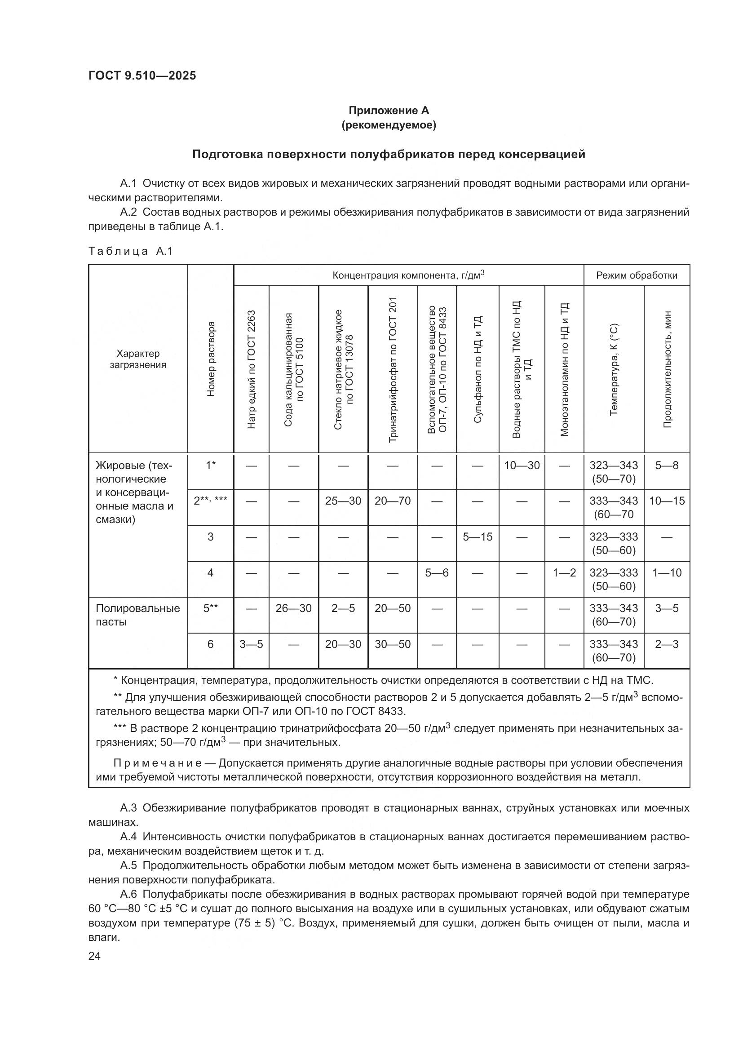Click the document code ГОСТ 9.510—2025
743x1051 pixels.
(x=142, y=75)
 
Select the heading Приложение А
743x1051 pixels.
(x=389, y=111)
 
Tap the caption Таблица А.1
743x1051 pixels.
(x=130, y=251)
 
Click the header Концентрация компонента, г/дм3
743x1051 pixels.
(x=408, y=275)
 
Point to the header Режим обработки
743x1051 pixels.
(x=637, y=275)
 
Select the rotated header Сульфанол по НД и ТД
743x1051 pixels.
(x=477, y=369)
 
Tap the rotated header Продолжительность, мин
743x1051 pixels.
(x=667, y=369)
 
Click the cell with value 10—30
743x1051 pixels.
(x=522, y=466)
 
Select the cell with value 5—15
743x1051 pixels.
(x=477, y=537)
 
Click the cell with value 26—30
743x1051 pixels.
(x=293, y=608)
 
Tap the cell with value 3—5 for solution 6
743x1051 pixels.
(x=251, y=644)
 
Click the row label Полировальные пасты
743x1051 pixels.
(x=137, y=615)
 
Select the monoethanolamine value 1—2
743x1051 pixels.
(x=564, y=572)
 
